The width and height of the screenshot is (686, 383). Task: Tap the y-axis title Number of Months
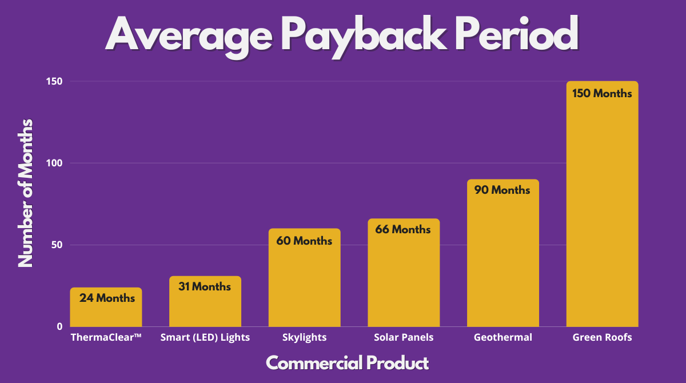[x=26, y=193]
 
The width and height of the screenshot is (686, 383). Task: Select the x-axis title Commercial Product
[x=347, y=362]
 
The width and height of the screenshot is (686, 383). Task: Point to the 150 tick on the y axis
[x=54, y=82]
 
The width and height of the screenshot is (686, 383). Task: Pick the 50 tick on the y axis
[x=56, y=245]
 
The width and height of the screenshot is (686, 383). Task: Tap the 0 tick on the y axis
[x=59, y=327]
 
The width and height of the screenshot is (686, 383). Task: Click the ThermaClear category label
[x=106, y=337]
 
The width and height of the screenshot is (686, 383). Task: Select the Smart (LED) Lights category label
[x=205, y=337]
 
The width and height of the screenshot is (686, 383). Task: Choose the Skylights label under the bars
[x=305, y=337]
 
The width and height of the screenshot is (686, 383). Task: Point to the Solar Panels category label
[x=404, y=337]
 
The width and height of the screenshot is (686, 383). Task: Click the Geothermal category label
[x=503, y=337]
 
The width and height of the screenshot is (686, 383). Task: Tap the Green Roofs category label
[x=603, y=337]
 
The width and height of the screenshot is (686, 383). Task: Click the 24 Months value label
[x=107, y=298]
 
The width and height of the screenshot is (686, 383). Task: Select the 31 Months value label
[x=205, y=286]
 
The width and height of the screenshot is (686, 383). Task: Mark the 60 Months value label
[x=304, y=241]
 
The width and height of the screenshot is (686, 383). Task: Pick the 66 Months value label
[x=403, y=229]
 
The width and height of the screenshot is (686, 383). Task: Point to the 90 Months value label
[x=502, y=190]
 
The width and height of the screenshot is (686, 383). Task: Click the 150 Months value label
[x=602, y=93]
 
